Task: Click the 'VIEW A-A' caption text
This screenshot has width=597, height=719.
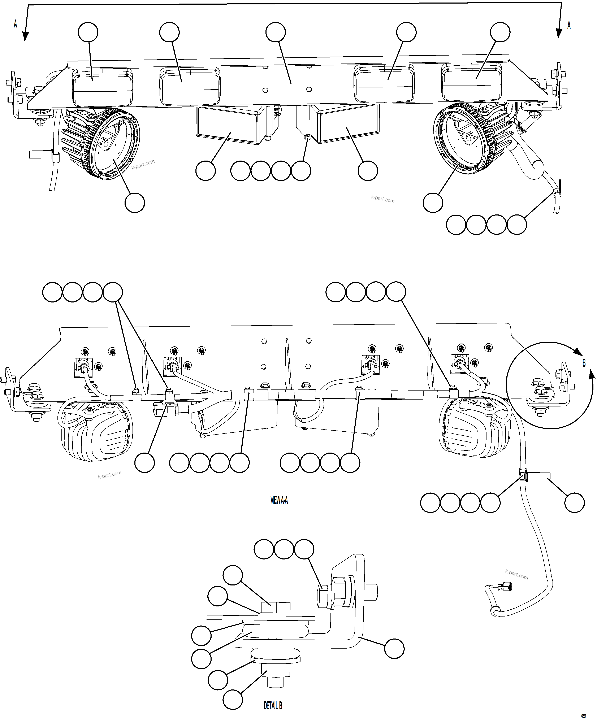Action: coord(279,501)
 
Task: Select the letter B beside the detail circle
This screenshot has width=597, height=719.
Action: coord(584,363)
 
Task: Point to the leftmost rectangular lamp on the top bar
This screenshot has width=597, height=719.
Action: coord(102,86)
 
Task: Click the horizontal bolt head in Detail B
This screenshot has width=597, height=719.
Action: coord(324,596)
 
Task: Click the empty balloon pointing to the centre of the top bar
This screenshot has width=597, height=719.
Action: coord(275,32)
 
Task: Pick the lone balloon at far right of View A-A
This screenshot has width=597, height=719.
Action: coord(574,503)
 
